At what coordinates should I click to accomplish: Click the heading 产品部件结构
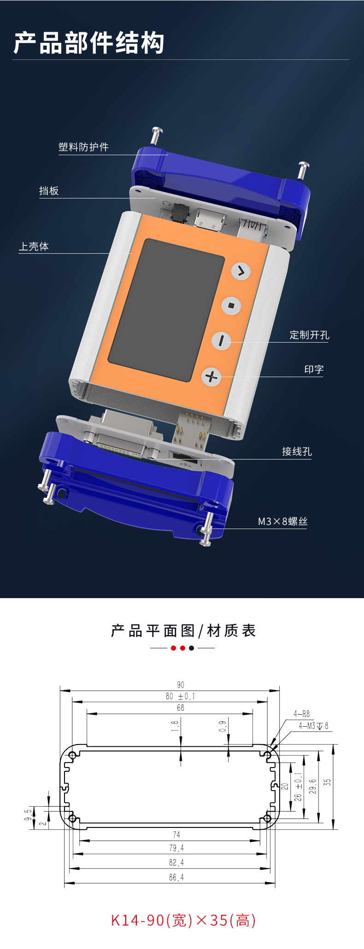(88, 43)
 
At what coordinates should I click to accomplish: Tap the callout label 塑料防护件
(83, 147)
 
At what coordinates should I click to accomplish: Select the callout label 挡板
(49, 191)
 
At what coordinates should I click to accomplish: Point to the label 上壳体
(34, 246)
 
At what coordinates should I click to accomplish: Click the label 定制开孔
(309, 335)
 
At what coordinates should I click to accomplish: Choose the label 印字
(314, 369)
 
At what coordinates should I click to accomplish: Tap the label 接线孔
(297, 451)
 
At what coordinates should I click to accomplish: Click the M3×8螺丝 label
(282, 521)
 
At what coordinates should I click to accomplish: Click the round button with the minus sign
(222, 340)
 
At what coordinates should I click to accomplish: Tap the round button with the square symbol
(231, 305)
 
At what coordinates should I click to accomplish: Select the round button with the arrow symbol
(241, 271)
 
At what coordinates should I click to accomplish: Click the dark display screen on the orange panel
(166, 310)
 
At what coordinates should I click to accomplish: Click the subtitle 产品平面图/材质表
(183, 630)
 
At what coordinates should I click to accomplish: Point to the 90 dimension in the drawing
(181, 685)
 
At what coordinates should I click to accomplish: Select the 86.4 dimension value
(176, 878)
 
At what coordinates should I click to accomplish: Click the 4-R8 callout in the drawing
(302, 714)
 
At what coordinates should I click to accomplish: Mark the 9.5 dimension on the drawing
(29, 815)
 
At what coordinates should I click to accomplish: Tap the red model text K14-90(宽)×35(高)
(183, 920)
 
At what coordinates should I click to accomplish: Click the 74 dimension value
(176, 834)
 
